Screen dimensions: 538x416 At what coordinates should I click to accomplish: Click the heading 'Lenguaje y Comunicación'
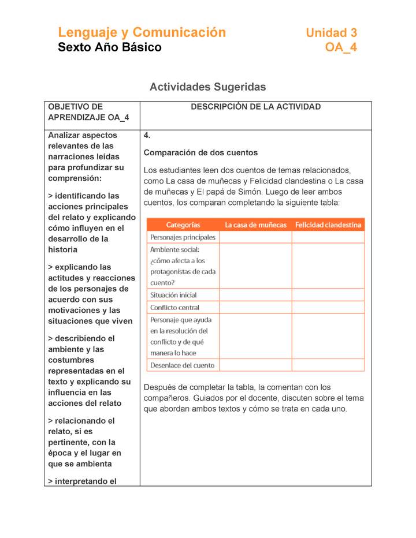coord(142,32)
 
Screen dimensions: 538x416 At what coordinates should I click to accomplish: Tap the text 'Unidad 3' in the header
coord(331,33)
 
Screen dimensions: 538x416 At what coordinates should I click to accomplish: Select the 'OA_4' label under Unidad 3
coord(341,48)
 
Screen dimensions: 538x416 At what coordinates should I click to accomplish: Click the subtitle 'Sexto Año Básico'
coord(110,48)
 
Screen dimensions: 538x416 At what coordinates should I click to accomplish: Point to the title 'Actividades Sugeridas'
coord(207,87)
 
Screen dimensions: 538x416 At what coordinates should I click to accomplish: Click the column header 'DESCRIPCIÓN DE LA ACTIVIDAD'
coord(255,107)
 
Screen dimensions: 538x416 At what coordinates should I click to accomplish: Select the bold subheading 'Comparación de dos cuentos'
coord(200,153)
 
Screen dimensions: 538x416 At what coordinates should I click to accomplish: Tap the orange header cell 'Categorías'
coord(183,225)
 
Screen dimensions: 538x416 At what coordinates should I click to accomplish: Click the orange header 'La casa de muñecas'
coord(255,225)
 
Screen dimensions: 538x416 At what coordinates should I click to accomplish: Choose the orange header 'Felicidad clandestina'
coord(328,225)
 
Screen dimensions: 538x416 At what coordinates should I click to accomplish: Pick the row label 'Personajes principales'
coord(183,237)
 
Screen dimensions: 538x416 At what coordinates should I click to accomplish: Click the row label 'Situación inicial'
coord(173,295)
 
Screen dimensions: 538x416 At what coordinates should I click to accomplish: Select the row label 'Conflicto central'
coord(174,308)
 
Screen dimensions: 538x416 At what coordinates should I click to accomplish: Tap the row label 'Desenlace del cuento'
coord(182,365)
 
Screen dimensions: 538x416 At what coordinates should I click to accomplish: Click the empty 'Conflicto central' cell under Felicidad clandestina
coord(328,308)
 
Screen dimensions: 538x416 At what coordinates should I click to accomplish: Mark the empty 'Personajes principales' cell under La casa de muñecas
coord(255,237)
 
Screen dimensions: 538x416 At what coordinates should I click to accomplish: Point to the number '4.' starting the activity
coord(147,136)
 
